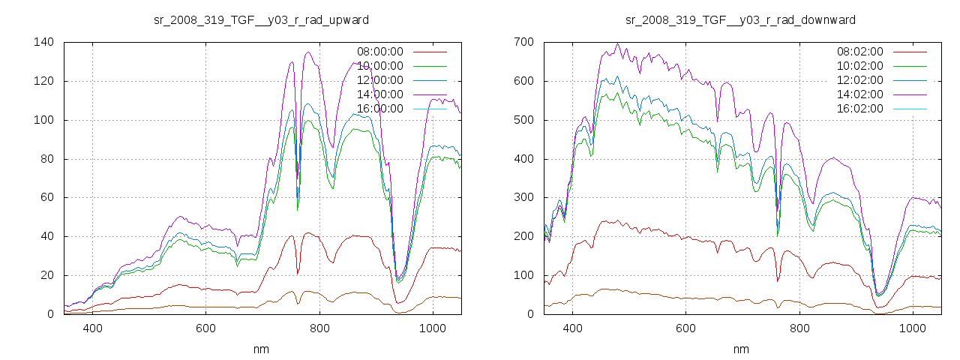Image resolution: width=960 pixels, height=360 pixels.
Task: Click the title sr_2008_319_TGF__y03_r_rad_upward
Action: click(x=261, y=19)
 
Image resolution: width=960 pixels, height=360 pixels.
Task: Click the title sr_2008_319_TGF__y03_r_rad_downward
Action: click(x=741, y=19)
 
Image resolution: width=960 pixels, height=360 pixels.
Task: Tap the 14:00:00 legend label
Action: click(x=380, y=94)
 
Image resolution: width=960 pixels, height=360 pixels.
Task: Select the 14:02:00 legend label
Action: click(x=860, y=94)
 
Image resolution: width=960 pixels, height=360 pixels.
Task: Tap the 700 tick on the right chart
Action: click(x=523, y=42)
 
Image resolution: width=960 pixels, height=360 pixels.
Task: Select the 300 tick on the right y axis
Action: click(x=523, y=198)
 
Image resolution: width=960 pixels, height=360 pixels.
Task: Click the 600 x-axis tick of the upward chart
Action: click(x=205, y=328)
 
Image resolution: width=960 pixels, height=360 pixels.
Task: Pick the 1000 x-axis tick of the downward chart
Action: click(x=912, y=328)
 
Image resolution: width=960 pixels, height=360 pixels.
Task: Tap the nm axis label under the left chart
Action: click(x=261, y=349)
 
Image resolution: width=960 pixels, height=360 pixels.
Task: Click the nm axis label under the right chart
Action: click(x=741, y=349)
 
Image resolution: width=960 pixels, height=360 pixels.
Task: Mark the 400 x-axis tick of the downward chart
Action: click(x=572, y=328)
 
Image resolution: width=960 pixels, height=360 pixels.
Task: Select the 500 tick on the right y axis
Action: click(x=523, y=120)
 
